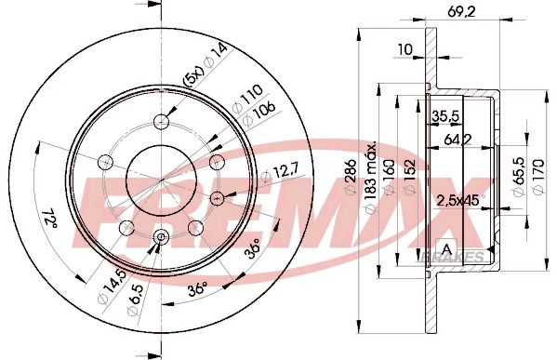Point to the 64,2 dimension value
455,140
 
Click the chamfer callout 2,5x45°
457,199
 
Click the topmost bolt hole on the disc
163,120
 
